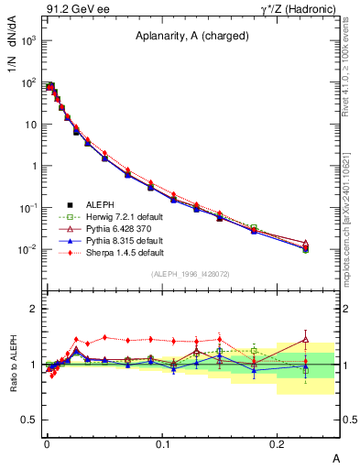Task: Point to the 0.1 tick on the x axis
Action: [x=163, y=442]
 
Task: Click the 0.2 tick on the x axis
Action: [x=278, y=442]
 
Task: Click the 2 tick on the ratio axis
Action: [x=34, y=309]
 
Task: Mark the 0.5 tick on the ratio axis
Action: [x=30, y=420]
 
